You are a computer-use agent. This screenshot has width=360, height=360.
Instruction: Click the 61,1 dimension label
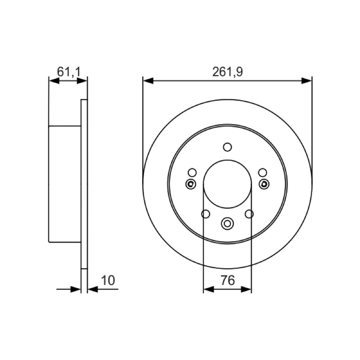pos(69,72)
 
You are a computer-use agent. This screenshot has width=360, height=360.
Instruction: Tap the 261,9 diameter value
pos(227,72)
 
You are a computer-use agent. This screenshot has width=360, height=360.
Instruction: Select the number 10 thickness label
pos(108,280)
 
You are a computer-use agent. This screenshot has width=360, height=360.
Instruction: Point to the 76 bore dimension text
pos(228,280)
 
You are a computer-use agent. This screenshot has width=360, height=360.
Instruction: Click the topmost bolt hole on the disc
pos(227,147)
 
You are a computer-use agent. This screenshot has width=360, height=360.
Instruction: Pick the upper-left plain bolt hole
pos(192,173)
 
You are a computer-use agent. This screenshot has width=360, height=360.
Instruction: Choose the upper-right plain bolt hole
pos(262,173)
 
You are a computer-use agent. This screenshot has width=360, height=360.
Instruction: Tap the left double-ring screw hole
pos(190,184)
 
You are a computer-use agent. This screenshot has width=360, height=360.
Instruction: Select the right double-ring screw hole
pos(264,184)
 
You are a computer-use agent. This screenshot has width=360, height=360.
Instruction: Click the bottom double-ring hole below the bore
pos(227,223)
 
